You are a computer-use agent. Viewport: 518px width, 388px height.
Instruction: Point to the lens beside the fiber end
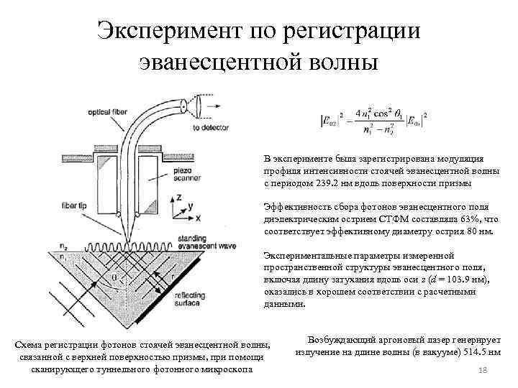click(197, 105)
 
